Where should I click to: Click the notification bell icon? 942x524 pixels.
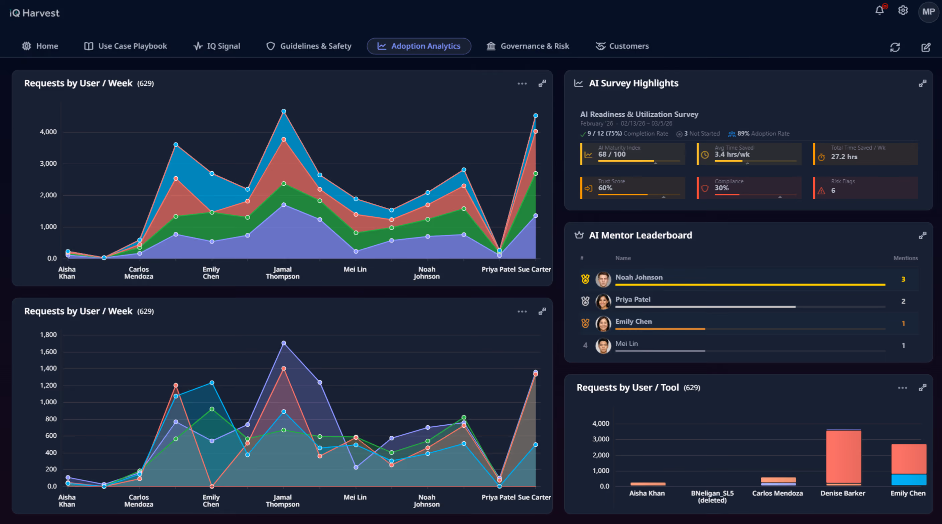click(x=879, y=10)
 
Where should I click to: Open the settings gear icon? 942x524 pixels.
click(x=903, y=10)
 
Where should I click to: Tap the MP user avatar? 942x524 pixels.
click(x=929, y=12)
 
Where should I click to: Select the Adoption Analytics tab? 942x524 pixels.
click(x=419, y=46)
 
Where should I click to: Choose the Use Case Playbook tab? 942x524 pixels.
click(x=125, y=46)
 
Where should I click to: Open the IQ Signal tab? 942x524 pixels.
click(x=217, y=46)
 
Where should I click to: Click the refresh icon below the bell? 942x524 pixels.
click(x=895, y=47)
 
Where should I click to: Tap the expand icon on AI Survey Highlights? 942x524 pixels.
click(x=923, y=83)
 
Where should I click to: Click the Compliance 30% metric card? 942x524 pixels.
click(x=749, y=188)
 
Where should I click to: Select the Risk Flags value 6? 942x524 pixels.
click(x=833, y=190)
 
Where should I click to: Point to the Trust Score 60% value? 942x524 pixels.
click(x=605, y=188)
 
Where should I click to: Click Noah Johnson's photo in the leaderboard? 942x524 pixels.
click(x=603, y=279)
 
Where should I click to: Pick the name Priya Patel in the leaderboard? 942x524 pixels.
click(x=633, y=299)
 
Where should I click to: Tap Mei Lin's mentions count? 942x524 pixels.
click(x=903, y=346)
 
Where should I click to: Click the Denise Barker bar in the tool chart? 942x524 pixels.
click(x=843, y=457)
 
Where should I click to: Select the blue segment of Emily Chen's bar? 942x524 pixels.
click(x=909, y=480)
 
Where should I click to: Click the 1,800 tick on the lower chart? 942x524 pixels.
click(x=48, y=335)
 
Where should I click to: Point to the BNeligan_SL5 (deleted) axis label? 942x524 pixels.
click(x=712, y=497)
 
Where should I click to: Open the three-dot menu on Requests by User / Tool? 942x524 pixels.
click(x=903, y=388)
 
